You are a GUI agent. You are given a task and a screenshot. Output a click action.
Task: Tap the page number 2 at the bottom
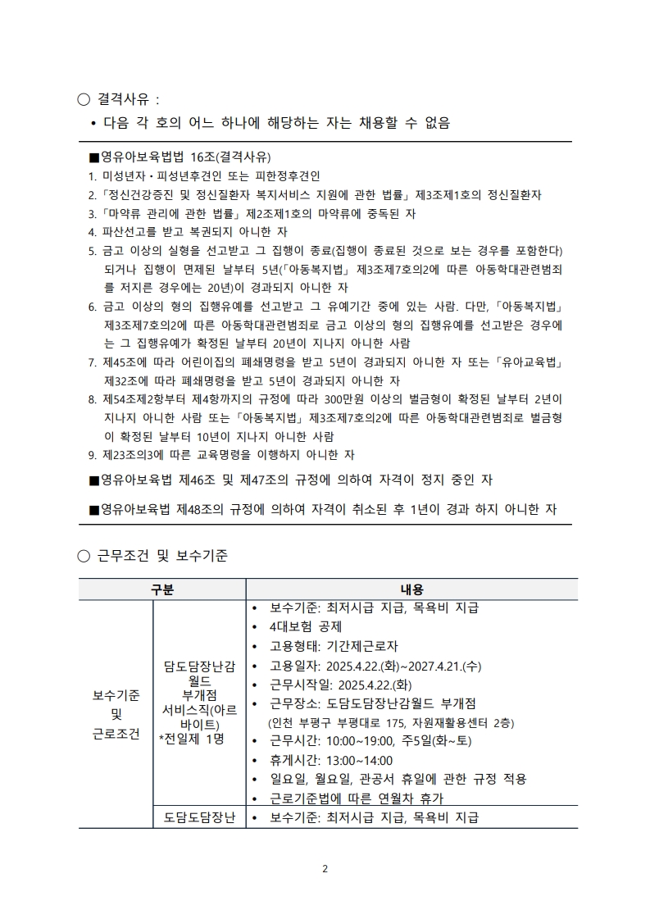pyautogui.click(x=325, y=869)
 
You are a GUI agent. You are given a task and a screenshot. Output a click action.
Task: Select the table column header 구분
pyautogui.click(x=162, y=589)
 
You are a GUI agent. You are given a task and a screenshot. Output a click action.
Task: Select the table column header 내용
pyautogui.click(x=411, y=589)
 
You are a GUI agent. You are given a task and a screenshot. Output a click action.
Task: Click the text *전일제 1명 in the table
pyautogui.click(x=192, y=738)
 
